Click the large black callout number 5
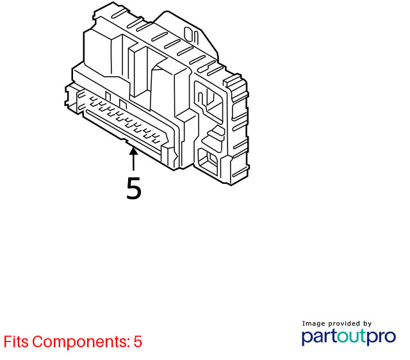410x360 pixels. coord(134,188)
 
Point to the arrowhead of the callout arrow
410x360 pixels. coord(133,151)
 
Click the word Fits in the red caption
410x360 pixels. coord(16,341)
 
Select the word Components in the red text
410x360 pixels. coord(81,341)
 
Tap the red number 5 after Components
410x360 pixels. coord(138,341)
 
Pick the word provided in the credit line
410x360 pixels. coord(344,323)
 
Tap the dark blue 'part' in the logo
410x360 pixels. coord(320,336)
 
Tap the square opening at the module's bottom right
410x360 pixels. coord(208,161)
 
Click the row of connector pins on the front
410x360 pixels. coord(125,119)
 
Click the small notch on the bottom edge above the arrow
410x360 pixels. coord(124,141)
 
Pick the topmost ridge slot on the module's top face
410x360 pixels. coord(119,13)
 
